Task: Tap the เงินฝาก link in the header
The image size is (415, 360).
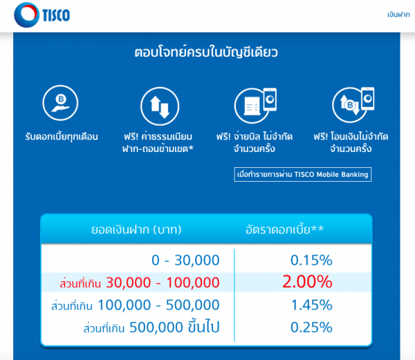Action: (399, 15)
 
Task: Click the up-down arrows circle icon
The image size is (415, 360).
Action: (156, 105)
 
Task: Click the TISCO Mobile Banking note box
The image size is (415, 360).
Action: (302, 175)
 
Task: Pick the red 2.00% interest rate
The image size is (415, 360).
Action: (306, 282)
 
